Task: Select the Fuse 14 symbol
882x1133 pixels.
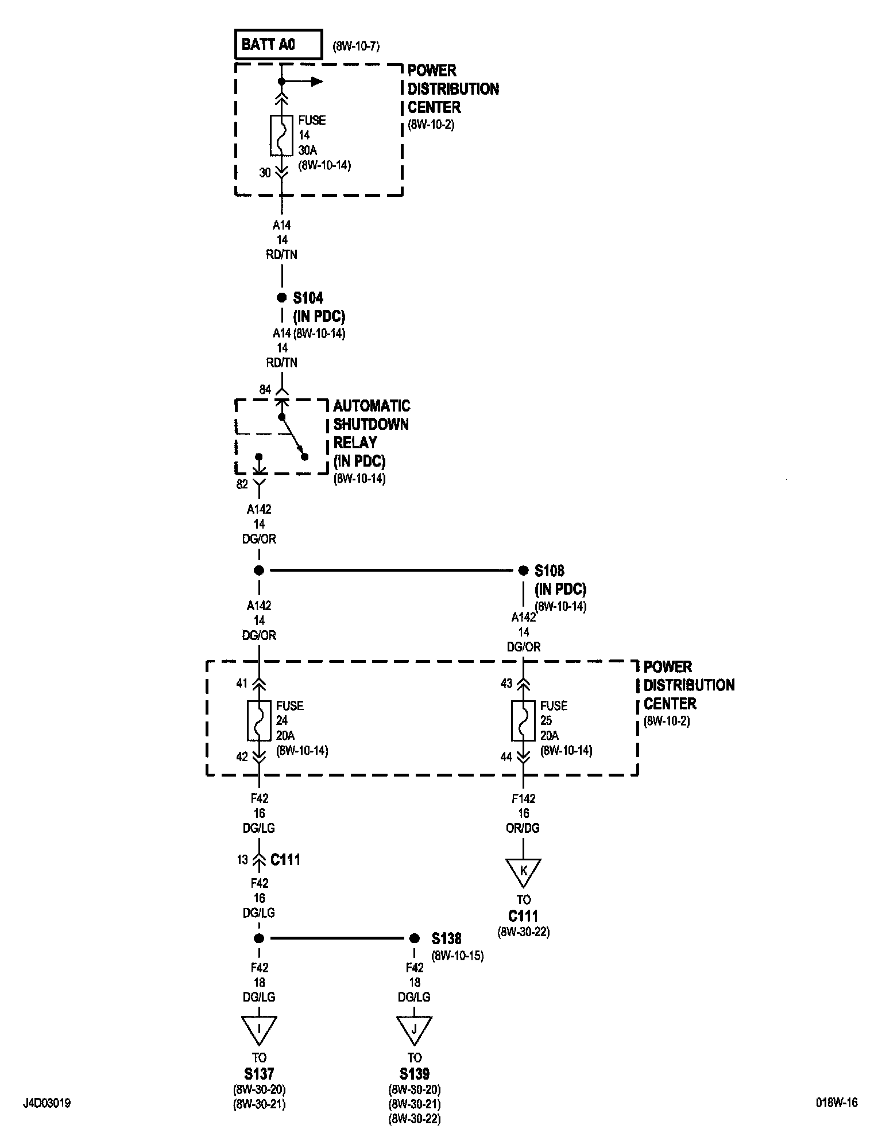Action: coord(281,135)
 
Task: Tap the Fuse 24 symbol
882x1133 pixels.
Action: coord(259,720)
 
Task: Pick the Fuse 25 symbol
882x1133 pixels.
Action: coord(523,720)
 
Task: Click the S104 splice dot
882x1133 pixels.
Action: coord(281,298)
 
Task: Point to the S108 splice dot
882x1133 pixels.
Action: coord(523,571)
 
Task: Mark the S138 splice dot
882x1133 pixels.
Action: coord(414,939)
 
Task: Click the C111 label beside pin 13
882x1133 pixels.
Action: coord(285,860)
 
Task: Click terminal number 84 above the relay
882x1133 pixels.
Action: coord(264,390)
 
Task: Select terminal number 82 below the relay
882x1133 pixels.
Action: coord(242,484)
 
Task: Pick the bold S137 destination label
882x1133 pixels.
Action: coord(259,1073)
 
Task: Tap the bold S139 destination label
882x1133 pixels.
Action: coord(414,1073)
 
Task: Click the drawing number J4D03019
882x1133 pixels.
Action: coord(47,1103)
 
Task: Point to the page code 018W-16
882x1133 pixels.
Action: coord(837,1103)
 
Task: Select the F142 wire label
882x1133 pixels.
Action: coord(523,798)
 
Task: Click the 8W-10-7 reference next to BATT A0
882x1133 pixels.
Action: coord(356,46)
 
